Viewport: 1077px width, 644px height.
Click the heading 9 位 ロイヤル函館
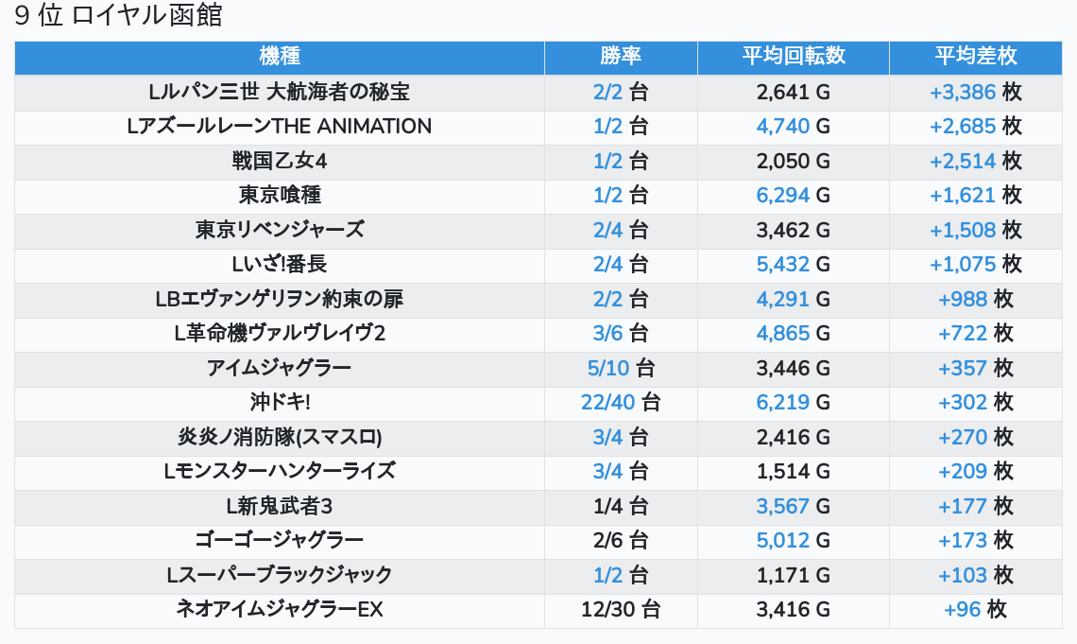point(118,16)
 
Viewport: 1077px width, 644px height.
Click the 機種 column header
point(279,57)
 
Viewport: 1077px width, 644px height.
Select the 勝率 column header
point(621,57)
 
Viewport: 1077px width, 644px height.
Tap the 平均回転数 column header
point(793,57)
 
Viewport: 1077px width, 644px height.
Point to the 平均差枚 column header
point(975,57)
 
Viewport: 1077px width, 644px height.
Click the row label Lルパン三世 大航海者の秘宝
point(279,93)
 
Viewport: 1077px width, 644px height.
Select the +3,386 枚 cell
point(975,93)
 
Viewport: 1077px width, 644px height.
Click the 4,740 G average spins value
point(793,127)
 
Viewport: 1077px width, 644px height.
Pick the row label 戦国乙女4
point(279,161)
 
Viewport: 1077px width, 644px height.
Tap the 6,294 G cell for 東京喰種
point(793,196)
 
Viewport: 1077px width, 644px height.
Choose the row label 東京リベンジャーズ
point(279,230)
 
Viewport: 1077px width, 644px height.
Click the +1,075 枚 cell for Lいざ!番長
point(975,265)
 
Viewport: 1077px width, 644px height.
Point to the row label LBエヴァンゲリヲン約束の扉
point(279,299)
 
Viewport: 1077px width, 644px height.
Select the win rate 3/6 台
point(621,334)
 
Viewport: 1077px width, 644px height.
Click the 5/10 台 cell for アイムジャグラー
point(621,368)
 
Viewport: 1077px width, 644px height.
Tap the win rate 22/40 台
point(621,403)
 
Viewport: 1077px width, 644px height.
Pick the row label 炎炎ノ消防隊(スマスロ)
point(279,437)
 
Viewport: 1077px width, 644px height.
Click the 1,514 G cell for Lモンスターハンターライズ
point(793,472)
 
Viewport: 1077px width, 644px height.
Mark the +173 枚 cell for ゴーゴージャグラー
point(975,541)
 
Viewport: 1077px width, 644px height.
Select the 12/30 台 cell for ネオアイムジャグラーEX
point(621,610)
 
